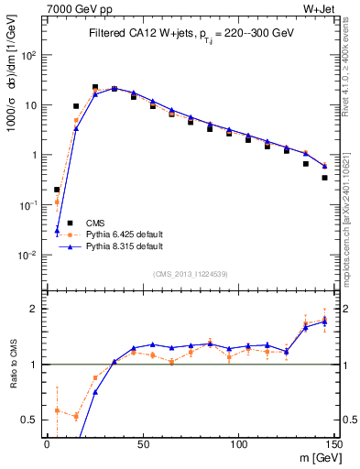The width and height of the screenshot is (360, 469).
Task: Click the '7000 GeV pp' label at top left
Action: (73, 9)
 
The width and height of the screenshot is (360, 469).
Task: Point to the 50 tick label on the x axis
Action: (142, 443)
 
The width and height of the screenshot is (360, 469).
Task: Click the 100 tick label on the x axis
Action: (238, 443)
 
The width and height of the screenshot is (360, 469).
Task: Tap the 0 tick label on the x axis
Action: (47, 443)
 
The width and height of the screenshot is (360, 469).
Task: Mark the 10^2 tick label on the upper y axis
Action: (29, 55)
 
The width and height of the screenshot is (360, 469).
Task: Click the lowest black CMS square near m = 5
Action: (57, 190)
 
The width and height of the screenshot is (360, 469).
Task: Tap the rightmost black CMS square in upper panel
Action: (325, 178)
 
